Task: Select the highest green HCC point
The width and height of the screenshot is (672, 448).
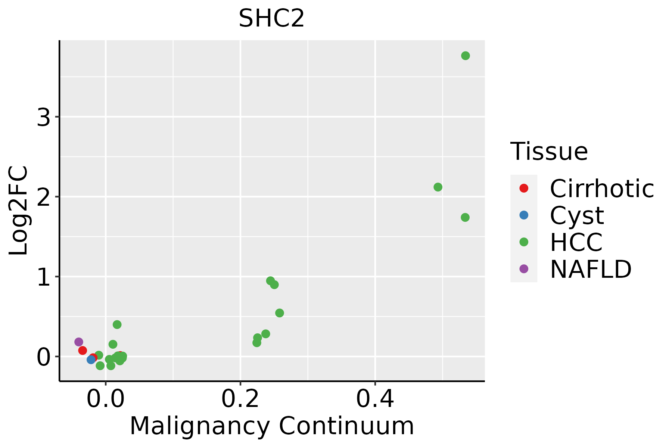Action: coord(465,56)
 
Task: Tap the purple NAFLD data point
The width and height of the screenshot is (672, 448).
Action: coord(79,342)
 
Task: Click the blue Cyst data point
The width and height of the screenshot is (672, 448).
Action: coord(91,360)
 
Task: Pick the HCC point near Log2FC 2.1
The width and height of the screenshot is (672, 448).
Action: coord(438,187)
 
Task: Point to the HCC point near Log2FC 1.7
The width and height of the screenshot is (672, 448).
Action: coord(465,217)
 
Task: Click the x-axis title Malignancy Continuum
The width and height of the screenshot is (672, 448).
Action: coord(271,426)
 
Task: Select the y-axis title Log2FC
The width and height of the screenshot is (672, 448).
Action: coord(19,211)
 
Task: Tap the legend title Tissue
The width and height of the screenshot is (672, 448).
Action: coord(549,152)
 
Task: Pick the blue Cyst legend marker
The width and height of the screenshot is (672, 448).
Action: coord(524,215)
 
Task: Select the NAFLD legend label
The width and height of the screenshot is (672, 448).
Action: coord(591,269)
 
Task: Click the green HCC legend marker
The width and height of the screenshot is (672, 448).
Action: coord(524,242)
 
